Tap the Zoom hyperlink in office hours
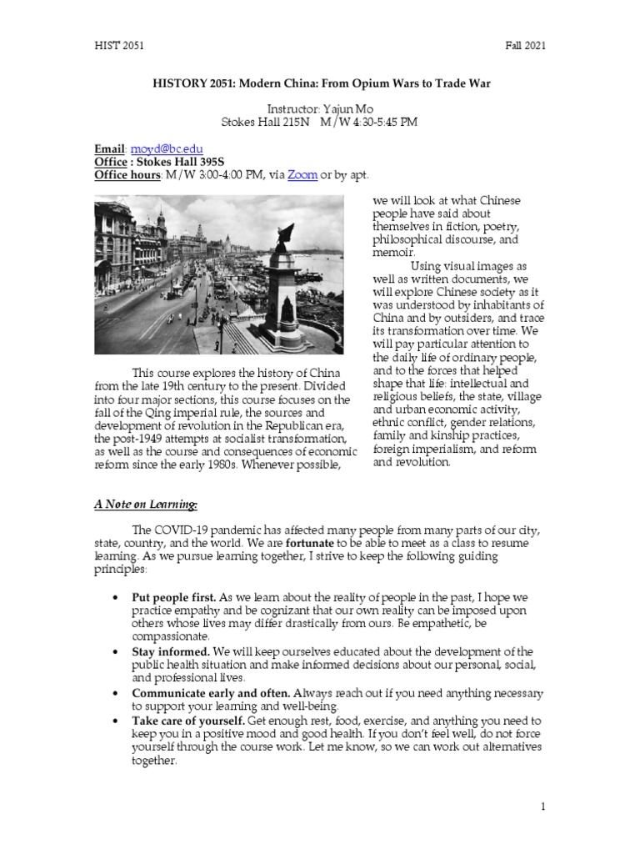(x=302, y=174)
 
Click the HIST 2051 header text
(x=118, y=46)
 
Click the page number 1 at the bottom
(x=542, y=807)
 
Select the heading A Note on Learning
(x=144, y=504)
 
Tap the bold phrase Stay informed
(x=171, y=651)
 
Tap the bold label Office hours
(x=127, y=174)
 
